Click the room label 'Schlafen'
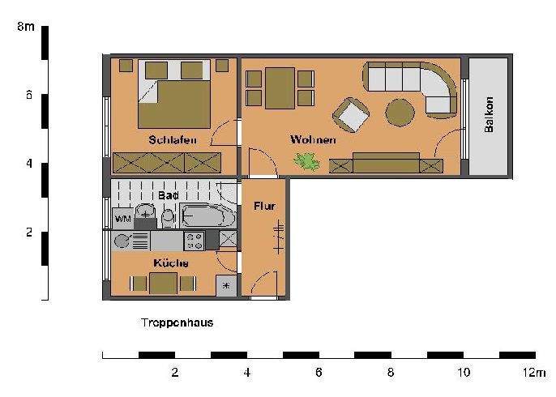coord(173,140)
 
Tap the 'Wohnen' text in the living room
coord(313,140)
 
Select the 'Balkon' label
coord(489,116)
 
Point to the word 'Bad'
coord(168,196)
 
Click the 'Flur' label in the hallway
coord(264,206)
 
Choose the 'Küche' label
coord(171,263)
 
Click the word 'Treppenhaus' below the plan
coord(177,322)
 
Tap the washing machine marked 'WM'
coord(123,219)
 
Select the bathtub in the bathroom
coord(208,216)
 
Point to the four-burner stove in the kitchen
coord(195,240)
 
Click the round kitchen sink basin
coord(123,241)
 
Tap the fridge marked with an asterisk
coord(226,286)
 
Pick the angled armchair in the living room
coord(353,114)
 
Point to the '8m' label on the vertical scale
coord(25,27)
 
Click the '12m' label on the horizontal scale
coord(534,372)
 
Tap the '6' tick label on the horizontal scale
coord(319,372)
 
